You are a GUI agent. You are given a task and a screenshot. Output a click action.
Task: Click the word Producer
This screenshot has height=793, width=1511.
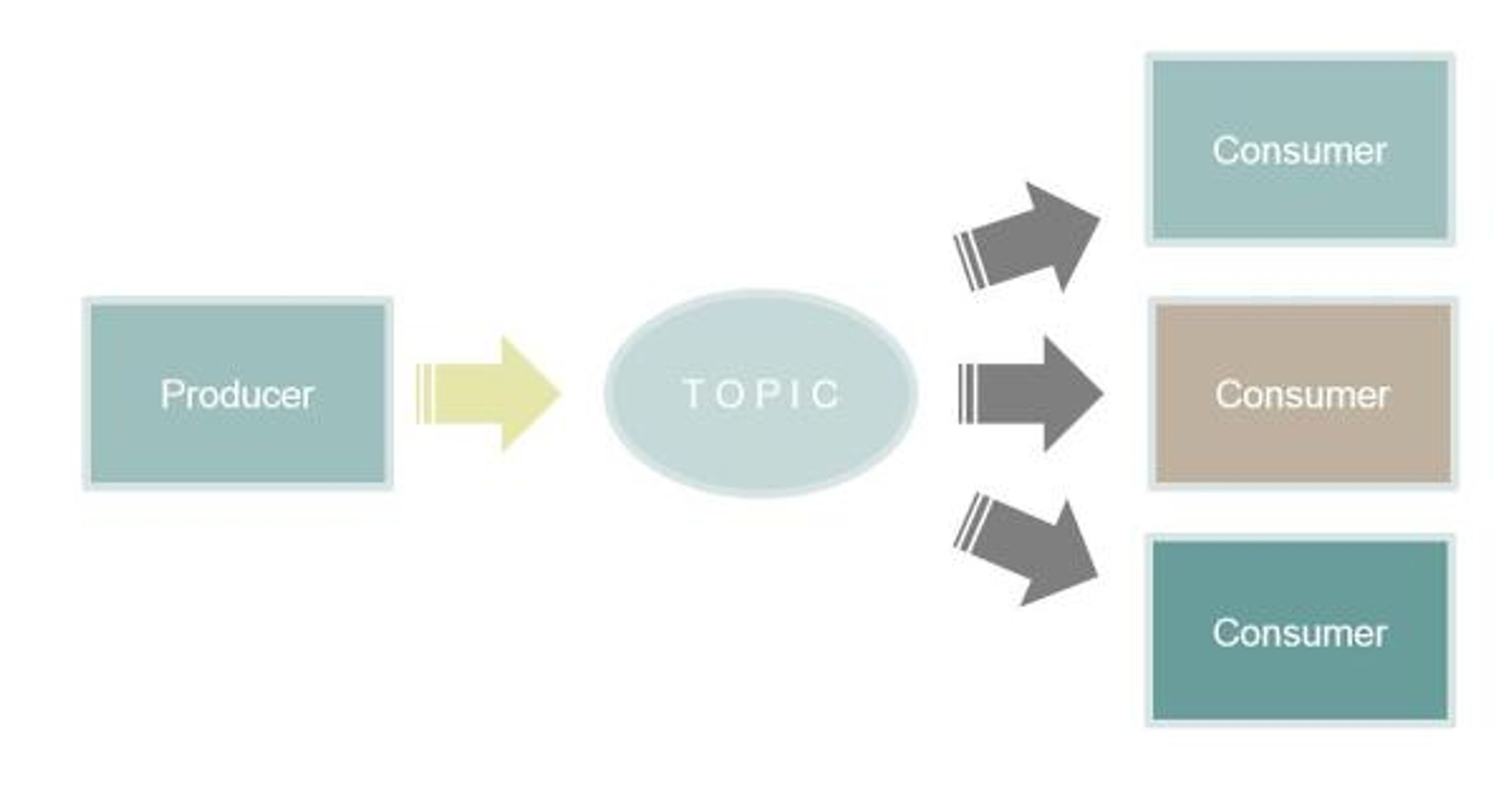click(x=237, y=394)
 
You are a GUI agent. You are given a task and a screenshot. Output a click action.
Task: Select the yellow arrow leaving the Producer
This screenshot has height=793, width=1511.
click(x=488, y=394)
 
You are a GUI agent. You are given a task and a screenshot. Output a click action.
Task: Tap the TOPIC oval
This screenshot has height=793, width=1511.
click(x=761, y=394)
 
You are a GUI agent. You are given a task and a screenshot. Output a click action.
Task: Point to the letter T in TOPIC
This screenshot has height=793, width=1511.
click(x=694, y=394)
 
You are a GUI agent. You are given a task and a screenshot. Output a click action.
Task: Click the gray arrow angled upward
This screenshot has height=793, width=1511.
click(x=1026, y=238)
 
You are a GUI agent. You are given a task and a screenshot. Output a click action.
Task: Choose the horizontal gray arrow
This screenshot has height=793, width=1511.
click(x=1031, y=394)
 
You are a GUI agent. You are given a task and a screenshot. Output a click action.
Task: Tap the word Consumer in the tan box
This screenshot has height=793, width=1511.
click(x=1302, y=394)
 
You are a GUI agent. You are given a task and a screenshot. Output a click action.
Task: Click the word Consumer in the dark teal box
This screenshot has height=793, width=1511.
click(x=1300, y=633)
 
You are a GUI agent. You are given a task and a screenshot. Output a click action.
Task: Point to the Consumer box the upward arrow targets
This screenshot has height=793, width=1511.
click(x=1300, y=149)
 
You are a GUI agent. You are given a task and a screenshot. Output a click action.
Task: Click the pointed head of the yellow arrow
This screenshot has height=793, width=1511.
click(x=561, y=394)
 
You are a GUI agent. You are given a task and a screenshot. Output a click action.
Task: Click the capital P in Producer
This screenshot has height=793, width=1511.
click(x=171, y=394)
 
